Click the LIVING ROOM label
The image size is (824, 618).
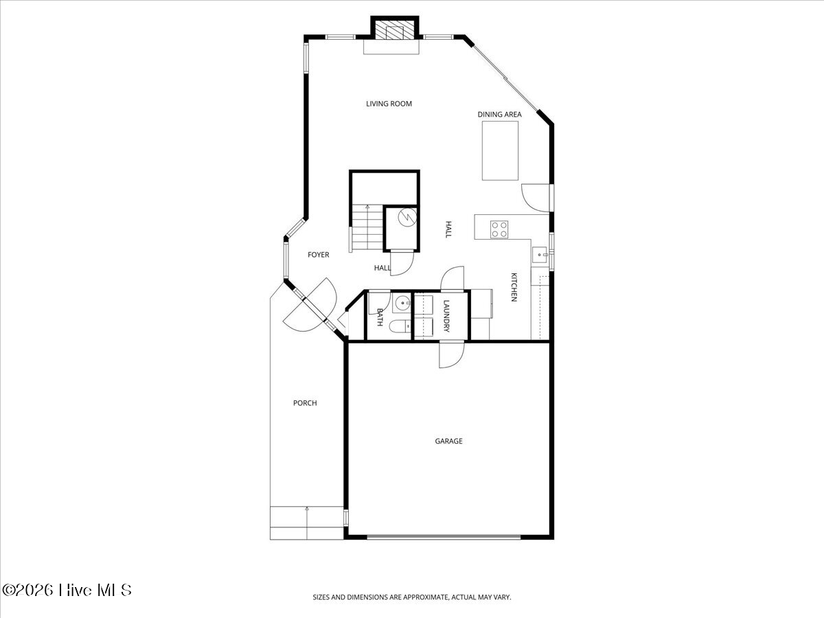coord(389,104)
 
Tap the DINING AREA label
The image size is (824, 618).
coord(499,115)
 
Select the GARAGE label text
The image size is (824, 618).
coord(448,441)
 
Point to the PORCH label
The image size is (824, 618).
coord(305,403)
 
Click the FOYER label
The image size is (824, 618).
coord(318,255)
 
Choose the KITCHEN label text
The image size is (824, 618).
coord(513,287)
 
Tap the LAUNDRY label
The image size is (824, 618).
coord(446,314)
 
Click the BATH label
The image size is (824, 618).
coord(380,317)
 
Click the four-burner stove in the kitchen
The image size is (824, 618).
coord(499,229)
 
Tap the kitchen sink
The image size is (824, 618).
coord(540,255)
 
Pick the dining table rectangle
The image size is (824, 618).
coord(500,150)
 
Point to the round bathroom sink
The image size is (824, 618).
coord(400,303)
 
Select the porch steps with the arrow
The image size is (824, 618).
coord(306,523)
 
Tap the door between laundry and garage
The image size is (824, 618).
coord(452,354)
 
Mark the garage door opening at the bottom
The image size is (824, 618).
coord(443,537)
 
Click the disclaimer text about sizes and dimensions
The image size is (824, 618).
coord(412,597)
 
